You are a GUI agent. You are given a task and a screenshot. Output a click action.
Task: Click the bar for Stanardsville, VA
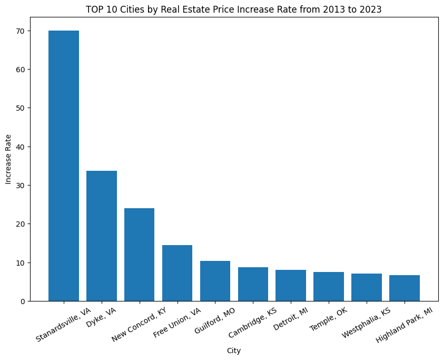[x=64, y=166]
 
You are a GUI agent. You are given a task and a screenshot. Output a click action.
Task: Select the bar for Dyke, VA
[x=102, y=236]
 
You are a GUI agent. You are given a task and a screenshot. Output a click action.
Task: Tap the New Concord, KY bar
[x=140, y=255]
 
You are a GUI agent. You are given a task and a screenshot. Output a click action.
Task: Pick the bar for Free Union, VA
[x=177, y=273]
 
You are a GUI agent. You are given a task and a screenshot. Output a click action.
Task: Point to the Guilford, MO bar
[x=215, y=281]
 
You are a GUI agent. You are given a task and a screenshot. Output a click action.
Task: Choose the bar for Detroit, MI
[x=291, y=285]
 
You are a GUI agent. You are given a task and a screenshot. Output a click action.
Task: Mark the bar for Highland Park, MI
[x=405, y=288]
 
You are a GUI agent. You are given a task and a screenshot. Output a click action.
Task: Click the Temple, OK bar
[x=329, y=286]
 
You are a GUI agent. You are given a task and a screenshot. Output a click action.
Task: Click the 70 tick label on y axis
[x=19, y=31]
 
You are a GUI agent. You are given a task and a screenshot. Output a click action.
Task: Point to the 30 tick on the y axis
[x=19, y=186]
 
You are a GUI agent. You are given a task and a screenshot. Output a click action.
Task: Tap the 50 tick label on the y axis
[x=19, y=108]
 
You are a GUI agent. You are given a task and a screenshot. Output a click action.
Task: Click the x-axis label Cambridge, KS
[x=253, y=323]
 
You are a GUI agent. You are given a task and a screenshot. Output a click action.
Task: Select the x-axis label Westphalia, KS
[x=366, y=323]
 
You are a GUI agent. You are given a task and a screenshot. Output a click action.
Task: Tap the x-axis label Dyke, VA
[x=101, y=318]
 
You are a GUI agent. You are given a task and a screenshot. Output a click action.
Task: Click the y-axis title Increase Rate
[x=8, y=166]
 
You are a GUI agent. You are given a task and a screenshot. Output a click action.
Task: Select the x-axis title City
[x=234, y=351]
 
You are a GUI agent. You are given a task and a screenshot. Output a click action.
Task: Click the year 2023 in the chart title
[x=371, y=9]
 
